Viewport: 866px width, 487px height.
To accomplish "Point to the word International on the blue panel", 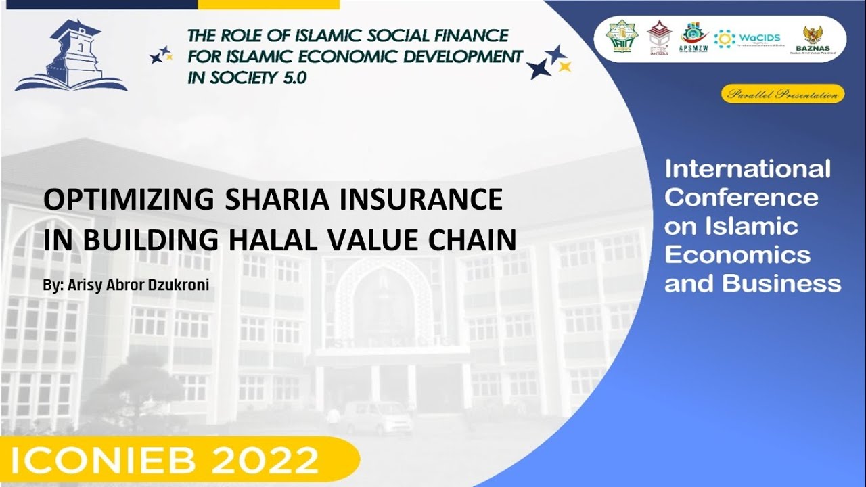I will click(747, 169).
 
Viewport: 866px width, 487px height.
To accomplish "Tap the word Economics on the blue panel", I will click(737, 255).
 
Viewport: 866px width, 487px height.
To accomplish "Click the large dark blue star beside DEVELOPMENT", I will click(539, 68).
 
